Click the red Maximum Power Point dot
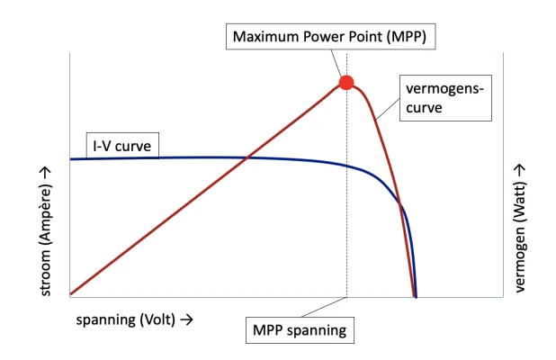pyautogui.click(x=346, y=83)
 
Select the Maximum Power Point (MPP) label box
pyautogui.click(x=330, y=37)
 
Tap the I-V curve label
pyautogui.click(x=122, y=146)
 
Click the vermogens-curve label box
pyautogui.click(x=445, y=98)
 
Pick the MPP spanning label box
pyautogui.click(x=300, y=330)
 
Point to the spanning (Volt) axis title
pyautogui.click(x=126, y=319)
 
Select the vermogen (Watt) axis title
pyautogui.click(x=519, y=238)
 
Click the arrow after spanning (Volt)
pyautogui.click(x=187, y=319)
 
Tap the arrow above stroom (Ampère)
pyautogui.click(x=46, y=173)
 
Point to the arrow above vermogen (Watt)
pyautogui.click(x=520, y=171)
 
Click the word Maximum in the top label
pyautogui.click(x=263, y=37)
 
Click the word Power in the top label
pyautogui.click(x=316, y=37)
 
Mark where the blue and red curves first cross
pyautogui.click(x=247, y=157)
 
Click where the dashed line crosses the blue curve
pyautogui.click(x=346, y=166)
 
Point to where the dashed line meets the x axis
pyautogui.click(x=346, y=297)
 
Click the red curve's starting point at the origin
pyautogui.click(x=71, y=293)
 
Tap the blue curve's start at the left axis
pyautogui.click(x=70, y=159)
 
